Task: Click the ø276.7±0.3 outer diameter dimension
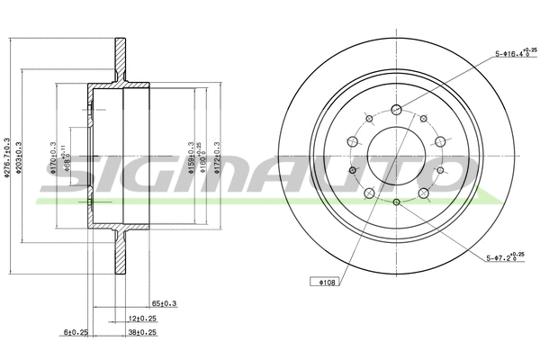[7, 159]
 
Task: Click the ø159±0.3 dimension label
[190, 157]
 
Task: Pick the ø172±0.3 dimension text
[217, 157]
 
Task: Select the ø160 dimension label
[202, 157]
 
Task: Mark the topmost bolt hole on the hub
[396, 110]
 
